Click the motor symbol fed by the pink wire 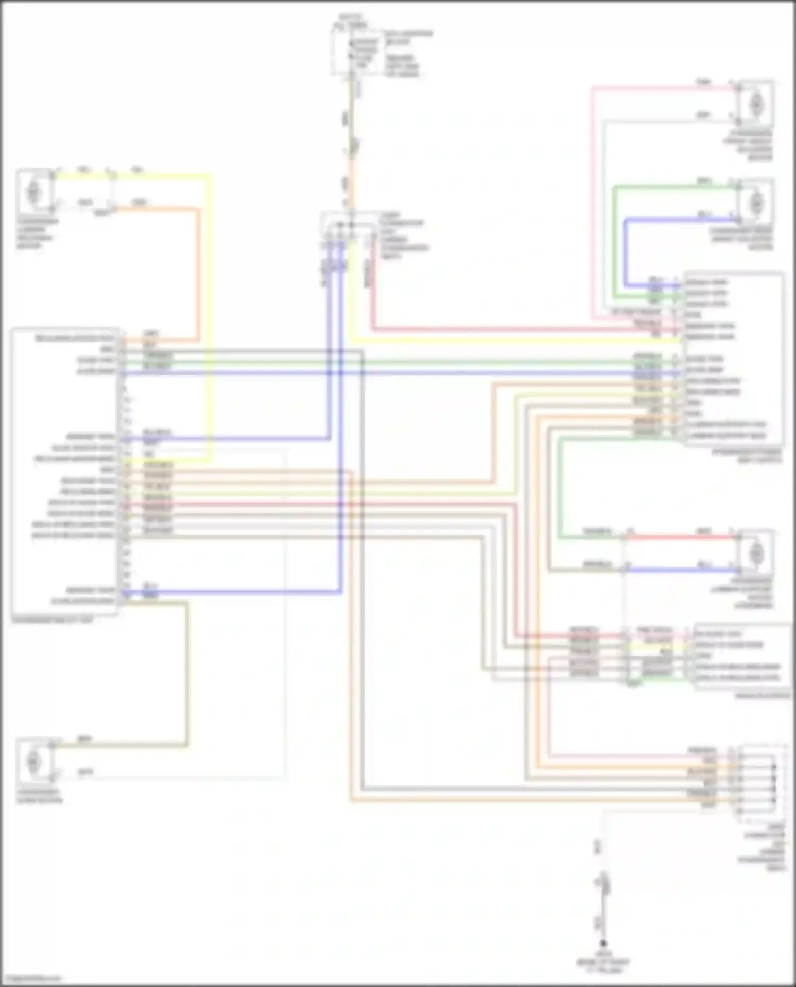[x=756, y=104]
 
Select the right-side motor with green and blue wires [x=756, y=202]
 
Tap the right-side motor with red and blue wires [x=756, y=553]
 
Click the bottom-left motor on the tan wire [x=34, y=762]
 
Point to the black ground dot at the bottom [x=603, y=944]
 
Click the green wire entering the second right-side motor [x=669, y=187]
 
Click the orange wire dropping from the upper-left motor [x=199, y=265]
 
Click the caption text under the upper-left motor [x=37, y=233]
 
